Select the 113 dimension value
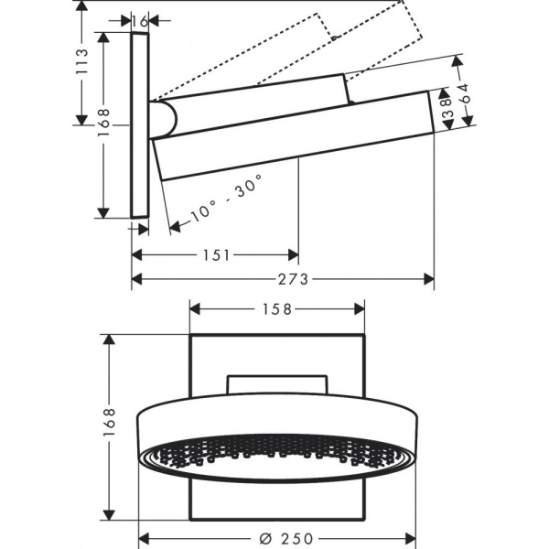click(83, 62)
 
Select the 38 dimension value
click(446, 103)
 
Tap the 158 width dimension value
click(278, 309)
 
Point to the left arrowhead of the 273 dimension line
click(136, 279)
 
